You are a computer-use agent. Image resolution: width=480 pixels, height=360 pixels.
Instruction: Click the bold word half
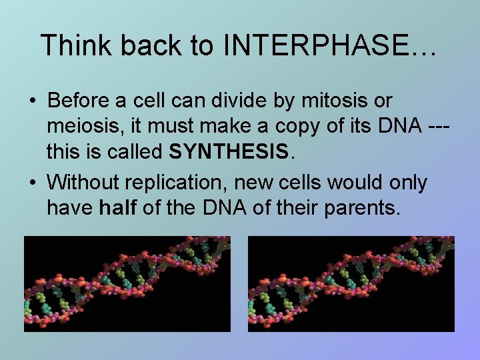tap(118, 208)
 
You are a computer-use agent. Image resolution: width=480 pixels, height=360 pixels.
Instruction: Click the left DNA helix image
tap(127, 284)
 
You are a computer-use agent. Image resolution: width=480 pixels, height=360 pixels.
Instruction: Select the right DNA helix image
tap(351, 284)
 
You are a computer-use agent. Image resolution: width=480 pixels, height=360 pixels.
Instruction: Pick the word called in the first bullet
tap(133, 152)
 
